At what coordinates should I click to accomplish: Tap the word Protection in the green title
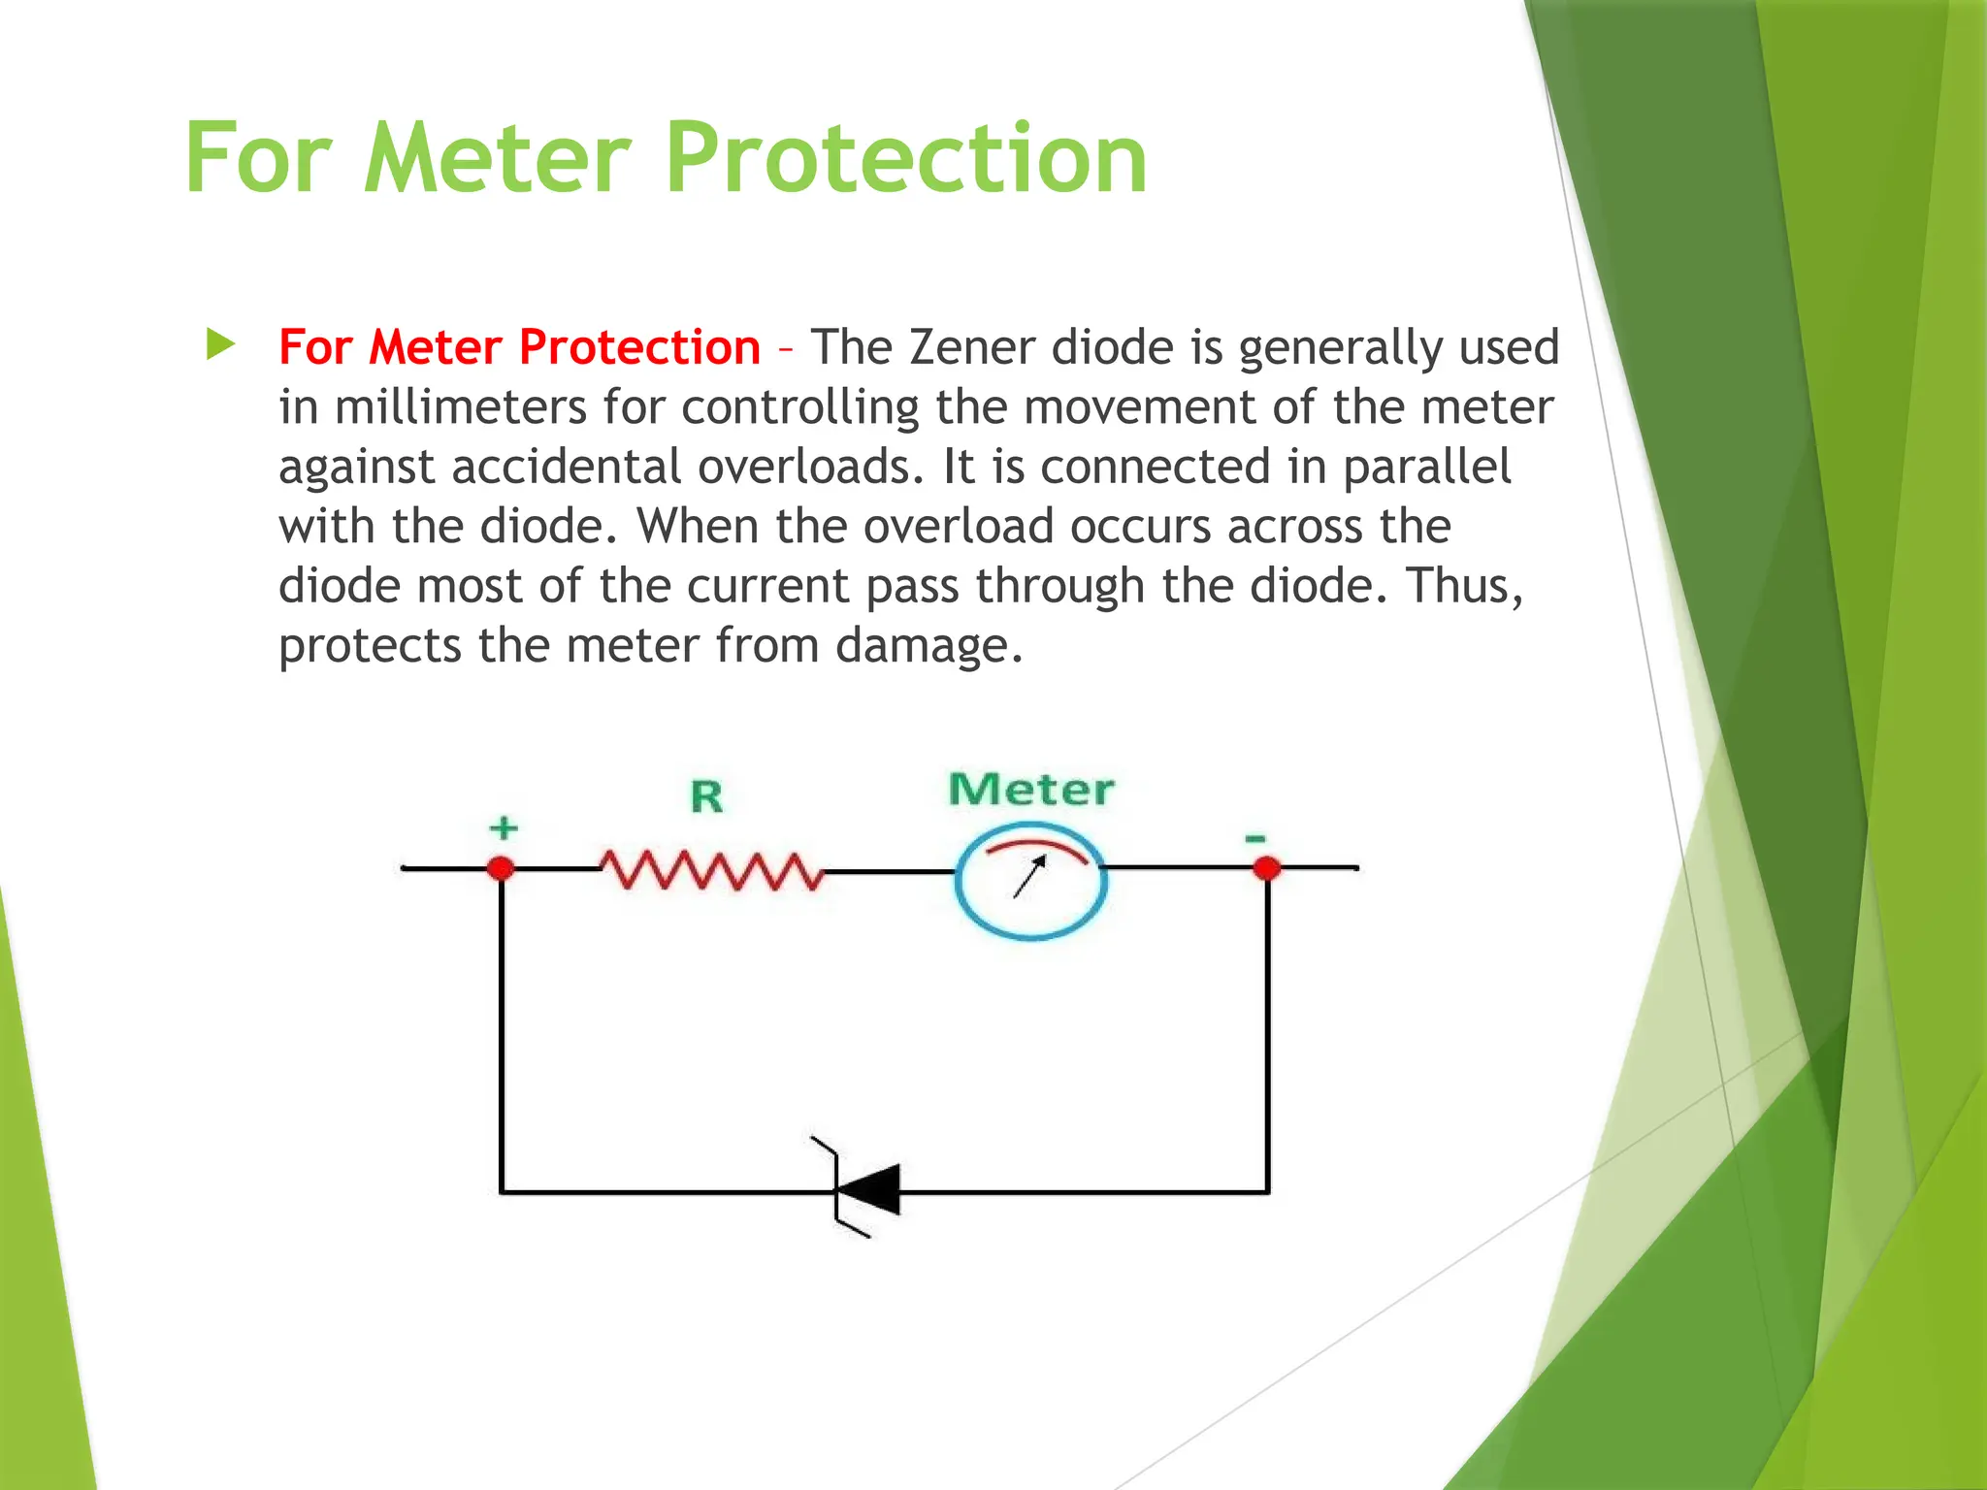(x=907, y=157)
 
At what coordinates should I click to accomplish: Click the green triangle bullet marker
(x=220, y=344)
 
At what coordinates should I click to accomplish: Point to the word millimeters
(x=461, y=407)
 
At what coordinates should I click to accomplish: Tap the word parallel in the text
(x=1426, y=467)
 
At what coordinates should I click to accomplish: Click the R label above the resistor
(x=706, y=797)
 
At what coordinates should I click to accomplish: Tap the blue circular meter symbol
(x=1030, y=881)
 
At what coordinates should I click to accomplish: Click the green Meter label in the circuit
(x=1030, y=790)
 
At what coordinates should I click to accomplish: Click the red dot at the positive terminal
(x=501, y=867)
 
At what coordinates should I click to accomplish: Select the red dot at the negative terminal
(x=1266, y=867)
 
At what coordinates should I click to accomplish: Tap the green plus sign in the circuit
(x=504, y=827)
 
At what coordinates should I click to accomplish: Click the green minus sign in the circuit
(x=1255, y=837)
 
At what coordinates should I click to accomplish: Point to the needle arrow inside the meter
(x=1029, y=876)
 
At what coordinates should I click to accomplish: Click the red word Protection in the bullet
(x=639, y=347)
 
